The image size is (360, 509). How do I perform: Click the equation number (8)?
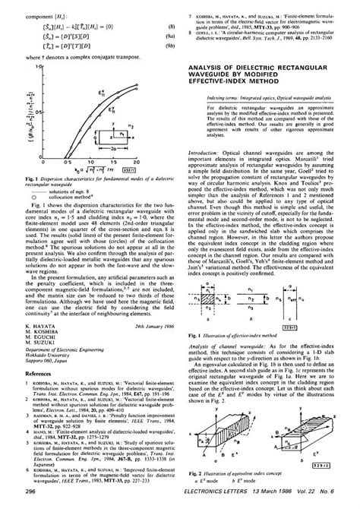point(172,27)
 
